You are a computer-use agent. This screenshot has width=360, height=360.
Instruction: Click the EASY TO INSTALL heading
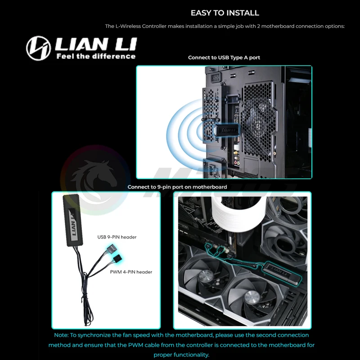point(225,13)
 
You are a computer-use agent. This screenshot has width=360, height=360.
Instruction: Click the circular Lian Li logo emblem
point(38,48)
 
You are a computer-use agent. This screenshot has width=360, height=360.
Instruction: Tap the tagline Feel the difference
point(96,56)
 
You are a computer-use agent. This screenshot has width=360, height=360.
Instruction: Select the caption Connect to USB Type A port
point(224,58)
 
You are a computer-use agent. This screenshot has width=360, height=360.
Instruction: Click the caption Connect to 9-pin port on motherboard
point(177,187)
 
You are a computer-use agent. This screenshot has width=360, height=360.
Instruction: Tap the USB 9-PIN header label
point(117,237)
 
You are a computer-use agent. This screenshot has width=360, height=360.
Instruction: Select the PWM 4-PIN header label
point(131,272)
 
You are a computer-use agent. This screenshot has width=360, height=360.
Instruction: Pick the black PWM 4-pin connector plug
point(117,260)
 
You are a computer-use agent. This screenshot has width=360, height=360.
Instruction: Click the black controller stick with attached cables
point(73,220)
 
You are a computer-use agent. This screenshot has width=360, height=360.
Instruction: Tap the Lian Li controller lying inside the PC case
point(282,273)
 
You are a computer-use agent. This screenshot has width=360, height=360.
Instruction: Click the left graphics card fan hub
point(205,275)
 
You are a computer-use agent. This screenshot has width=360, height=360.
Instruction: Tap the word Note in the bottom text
point(61,335)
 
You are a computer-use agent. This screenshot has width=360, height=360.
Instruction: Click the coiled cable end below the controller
point(87,310)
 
